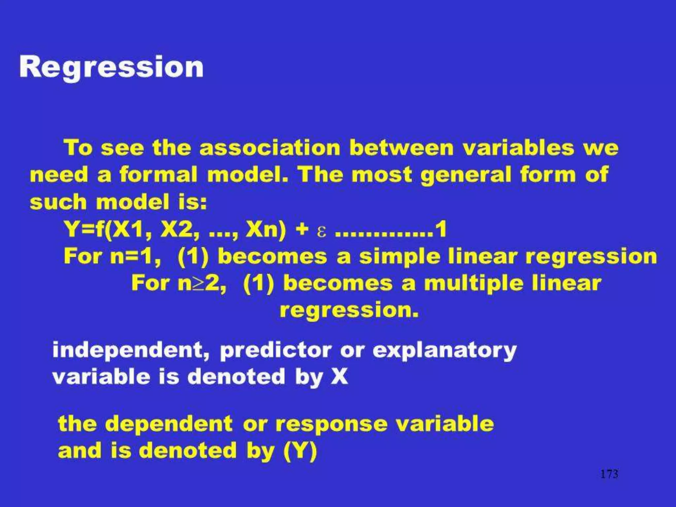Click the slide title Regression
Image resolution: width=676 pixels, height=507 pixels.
(x=111, y=67)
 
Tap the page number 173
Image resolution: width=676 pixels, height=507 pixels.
(x=609, y=474)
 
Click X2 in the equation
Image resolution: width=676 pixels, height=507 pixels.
(x=179, y=229)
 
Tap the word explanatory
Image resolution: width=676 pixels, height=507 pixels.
(x=444, y=351)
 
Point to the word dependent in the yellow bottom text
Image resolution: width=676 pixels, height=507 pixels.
(x=169, y=424)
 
